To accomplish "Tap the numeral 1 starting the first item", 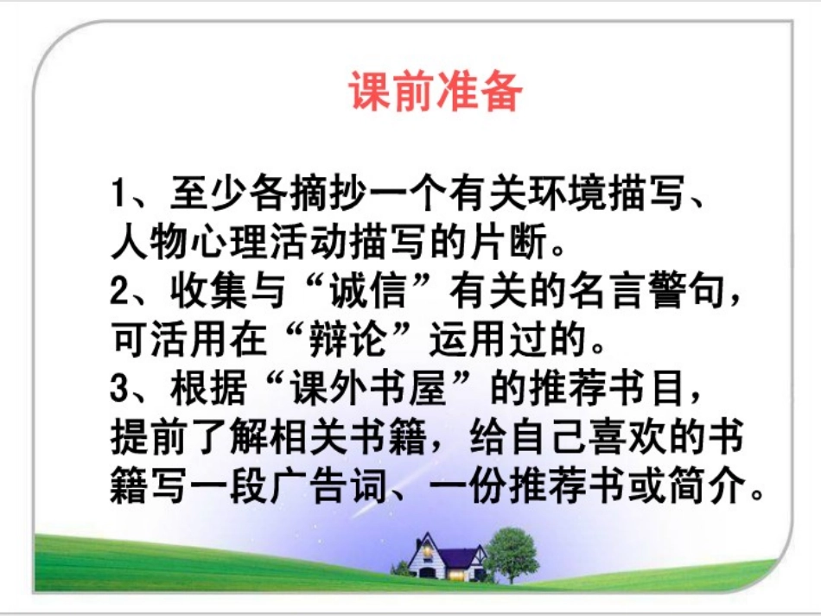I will pos(120,191).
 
